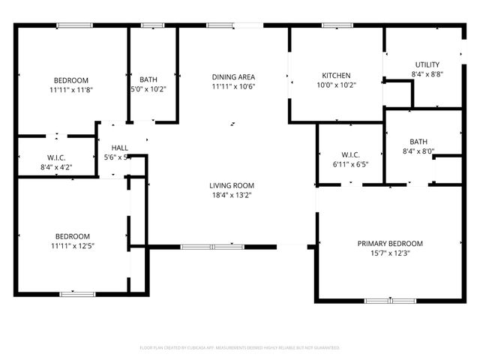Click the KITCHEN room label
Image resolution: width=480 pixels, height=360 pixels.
click(x=337, y=76)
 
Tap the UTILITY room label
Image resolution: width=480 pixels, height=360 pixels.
click(x=427, y=64)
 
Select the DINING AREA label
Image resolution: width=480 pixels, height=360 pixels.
click(x=233, y=76)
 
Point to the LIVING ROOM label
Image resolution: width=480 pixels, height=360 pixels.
click(x=231, y=185)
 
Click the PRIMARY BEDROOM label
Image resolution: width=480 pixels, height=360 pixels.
click(x=389, y=243)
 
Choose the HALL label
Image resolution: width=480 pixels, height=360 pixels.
click(x=119, y=148)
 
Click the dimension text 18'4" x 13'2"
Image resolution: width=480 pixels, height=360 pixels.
click(x=231, y=196)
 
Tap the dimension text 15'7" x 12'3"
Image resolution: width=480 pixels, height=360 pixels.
click(x=389, y=253)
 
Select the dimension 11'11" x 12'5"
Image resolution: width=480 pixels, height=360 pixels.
click(x=72, y=245)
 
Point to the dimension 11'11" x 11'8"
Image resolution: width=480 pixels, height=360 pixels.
click(x=72, y=90)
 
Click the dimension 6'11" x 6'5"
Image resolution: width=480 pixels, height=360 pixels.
click(x=350, y=163)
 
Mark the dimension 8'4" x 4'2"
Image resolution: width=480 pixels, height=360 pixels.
click(x=57, y=167)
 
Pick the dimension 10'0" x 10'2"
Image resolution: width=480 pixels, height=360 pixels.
click(x=337, y=85)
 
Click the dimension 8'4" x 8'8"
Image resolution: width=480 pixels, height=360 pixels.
click(x=427, y=74)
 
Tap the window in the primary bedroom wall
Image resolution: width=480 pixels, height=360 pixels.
click(x=390, y=301)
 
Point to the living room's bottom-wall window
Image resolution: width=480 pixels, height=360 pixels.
click(x=212, y=246)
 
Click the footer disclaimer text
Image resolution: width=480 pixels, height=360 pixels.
click(x=240, y=348)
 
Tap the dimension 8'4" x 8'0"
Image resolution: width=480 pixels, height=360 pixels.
click(x=418, y=151)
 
